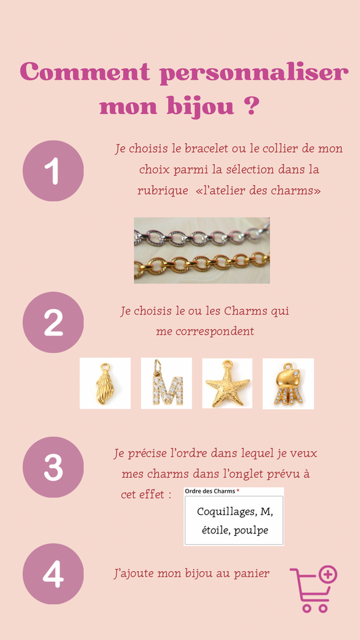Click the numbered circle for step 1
click(53, 171)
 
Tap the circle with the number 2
click(53, 322)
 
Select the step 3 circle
click(53, 467)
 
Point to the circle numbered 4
click(53, 573)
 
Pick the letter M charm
click(167, 383)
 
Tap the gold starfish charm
click(228, 383)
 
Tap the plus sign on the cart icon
click(328, 575)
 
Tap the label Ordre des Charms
click(210, 491)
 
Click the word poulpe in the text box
click(253, 531)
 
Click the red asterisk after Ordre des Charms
click(238, 491)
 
